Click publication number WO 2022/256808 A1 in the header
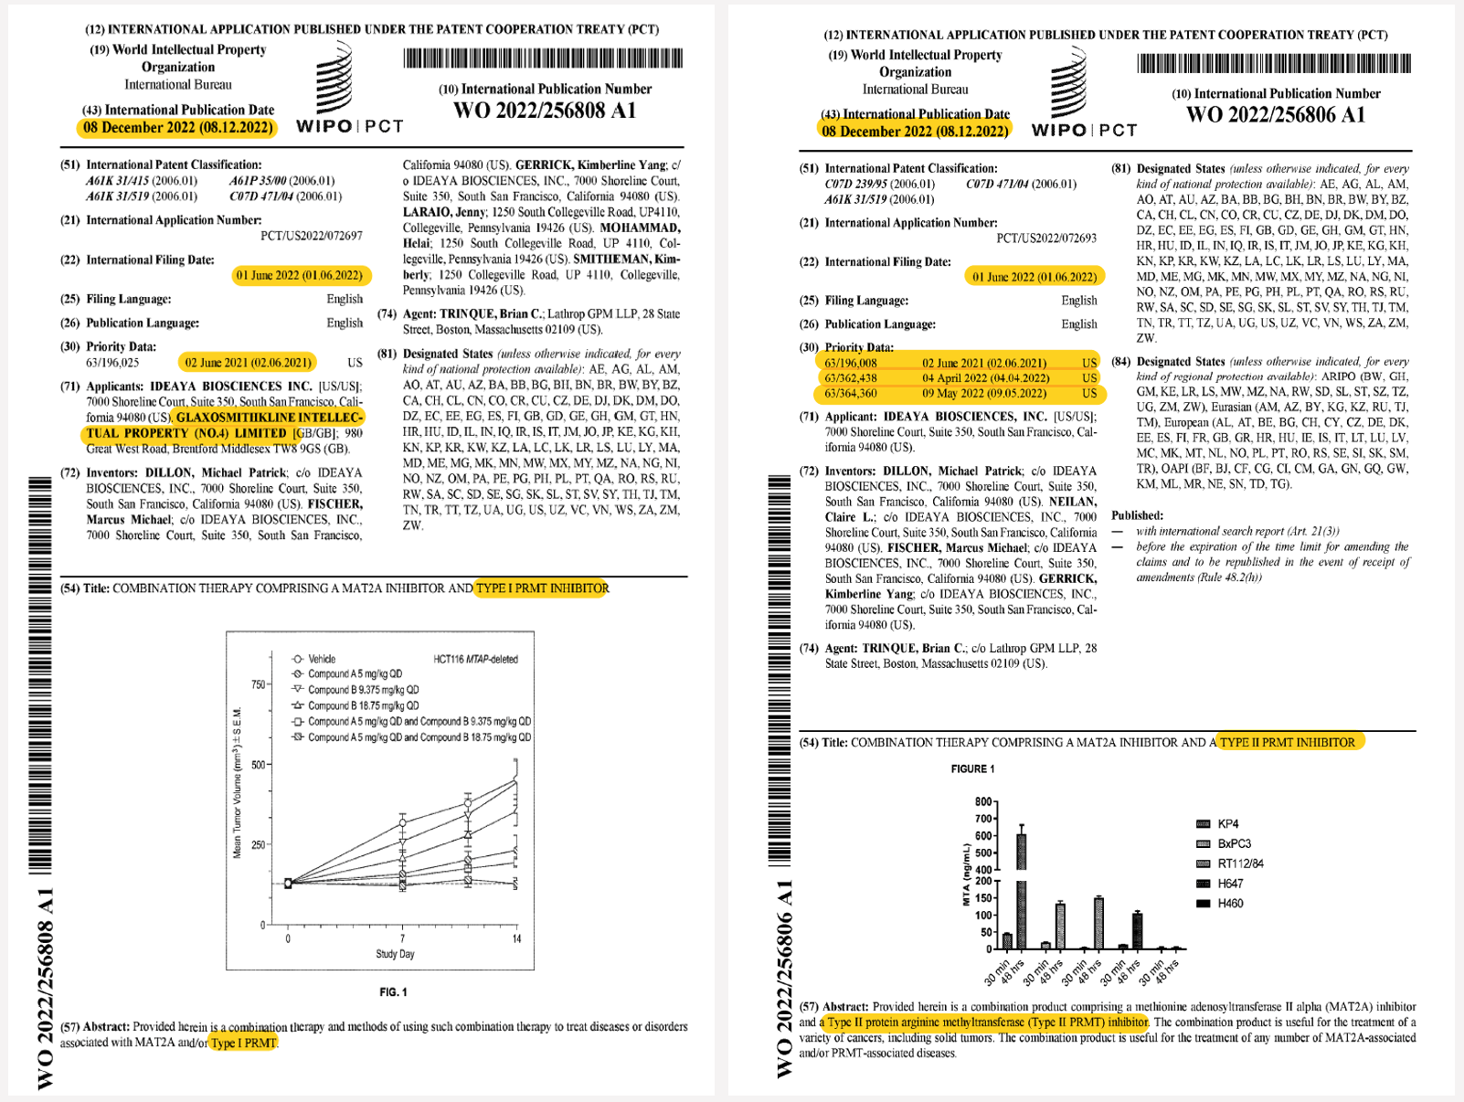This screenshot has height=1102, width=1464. pyautogui.click(x=544, y=111)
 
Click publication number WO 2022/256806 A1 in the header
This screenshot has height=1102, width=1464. pyautogui.click(x=1276, y=115)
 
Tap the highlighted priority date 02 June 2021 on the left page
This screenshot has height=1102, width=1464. pyautogui.click(x=248, y=363)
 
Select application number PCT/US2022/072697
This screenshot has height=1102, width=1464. pyautogui.click(x=311, y=236)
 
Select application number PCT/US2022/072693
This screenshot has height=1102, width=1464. pyautogui.click(x=1045, y=238)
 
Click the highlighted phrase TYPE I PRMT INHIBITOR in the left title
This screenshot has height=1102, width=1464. pyautogui.click(x=542, y=588)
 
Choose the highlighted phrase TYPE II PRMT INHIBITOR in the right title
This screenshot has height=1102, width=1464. pyautogui.click(x=1287, y=742)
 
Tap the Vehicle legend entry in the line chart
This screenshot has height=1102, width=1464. pyautogui.click(x=321, y=659)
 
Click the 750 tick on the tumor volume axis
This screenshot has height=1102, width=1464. pyautogui.click(x=258, y=684)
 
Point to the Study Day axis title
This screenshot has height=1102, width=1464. pyautogui.click(x=395, y=954)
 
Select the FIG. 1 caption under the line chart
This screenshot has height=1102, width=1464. pyautogui.click(x=393, y=992)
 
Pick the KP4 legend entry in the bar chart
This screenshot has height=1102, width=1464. pyautogui.click(x=1227, y=824)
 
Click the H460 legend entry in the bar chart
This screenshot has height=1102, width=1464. pyautogui.click(x=1229, y=904)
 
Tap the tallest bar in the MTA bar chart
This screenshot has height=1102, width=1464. pyautogui.click(x=1021, y=886)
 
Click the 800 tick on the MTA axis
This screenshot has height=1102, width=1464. pyautogui.click(x=983, y=801)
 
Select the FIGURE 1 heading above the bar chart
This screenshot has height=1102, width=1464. pyautogui.click(x=972, y=769)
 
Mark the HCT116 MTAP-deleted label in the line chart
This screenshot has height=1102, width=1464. pyautogui.click(x=475, y=659)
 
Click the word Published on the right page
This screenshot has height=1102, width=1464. pyautogui.click(x=1137, y=515)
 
